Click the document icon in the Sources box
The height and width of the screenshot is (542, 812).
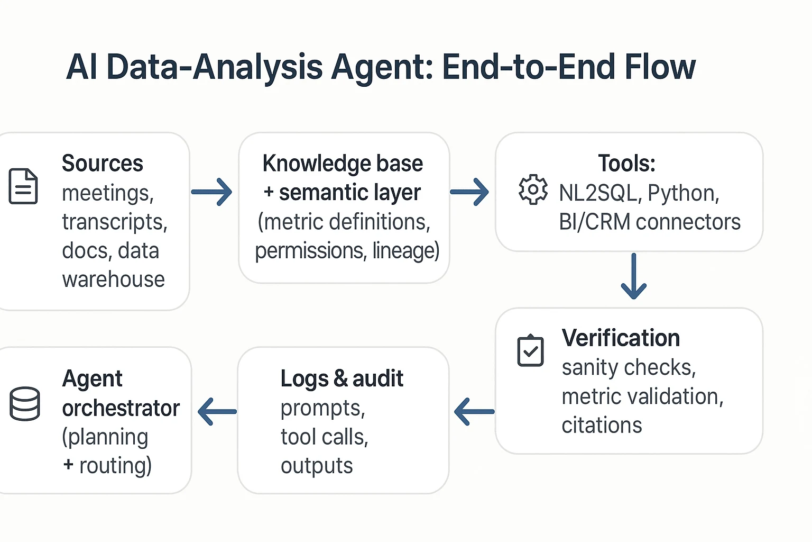pyautogui.click(x=23, y=186)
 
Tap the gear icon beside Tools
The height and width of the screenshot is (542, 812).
pyautogui.click(x=533, y=189)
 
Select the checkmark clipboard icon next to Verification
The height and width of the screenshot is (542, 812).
pyautogui.click(x=530, y=350)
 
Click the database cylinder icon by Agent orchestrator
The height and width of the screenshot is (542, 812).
pyautogui.click(x=25, y=404)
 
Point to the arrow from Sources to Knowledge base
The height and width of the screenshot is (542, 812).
pyautogui.click(x=212, y=192)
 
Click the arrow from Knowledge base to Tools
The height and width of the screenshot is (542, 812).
pyautogui.click(x=469, y=192)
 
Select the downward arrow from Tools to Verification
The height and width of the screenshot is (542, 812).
pyautogui.click(x=633, y=276)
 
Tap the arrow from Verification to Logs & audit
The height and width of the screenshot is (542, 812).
pyautogui.click(x=474, y=411)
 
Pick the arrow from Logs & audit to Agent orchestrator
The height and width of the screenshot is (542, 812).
pyautogui.click(x=217, y=411)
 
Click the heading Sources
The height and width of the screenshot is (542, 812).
pyautogui.click(x=103, y=163)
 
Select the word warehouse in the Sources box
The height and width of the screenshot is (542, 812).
pyautogui.click(x=113, y=279)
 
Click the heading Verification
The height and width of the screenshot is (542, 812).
pyautogui.click(x=621, y=338)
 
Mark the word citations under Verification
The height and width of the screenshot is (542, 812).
pyautogui.click(x=602, y=425)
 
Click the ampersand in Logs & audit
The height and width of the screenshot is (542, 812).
pyautogui.click(x=340, y=379)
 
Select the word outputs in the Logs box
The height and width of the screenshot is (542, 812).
pyautogui.click(x=317, y=466)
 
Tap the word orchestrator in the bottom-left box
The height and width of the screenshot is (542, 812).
pyautogui.click(x=121, y=408)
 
